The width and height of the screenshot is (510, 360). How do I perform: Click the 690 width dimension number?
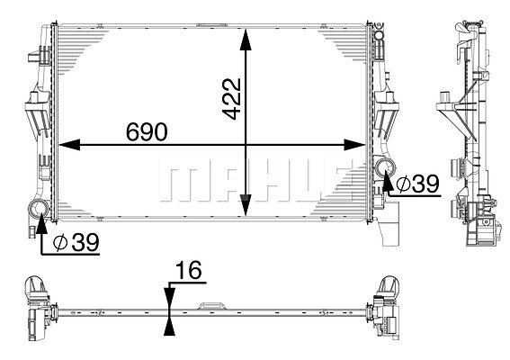coord(147,132)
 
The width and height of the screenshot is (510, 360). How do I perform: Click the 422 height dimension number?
coord(231,99)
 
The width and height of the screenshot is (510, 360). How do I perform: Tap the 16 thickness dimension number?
coord(189,270)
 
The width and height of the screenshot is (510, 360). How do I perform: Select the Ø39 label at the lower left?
coord(76,242)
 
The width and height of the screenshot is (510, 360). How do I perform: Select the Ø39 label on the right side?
coord(418,184)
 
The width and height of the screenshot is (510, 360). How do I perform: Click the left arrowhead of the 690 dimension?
coord(69,145)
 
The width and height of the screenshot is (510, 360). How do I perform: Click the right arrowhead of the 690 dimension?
coord(354,145)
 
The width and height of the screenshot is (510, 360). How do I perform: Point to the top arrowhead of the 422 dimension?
coord(246,40)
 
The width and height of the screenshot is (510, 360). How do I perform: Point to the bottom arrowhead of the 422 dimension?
coord(246,205)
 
